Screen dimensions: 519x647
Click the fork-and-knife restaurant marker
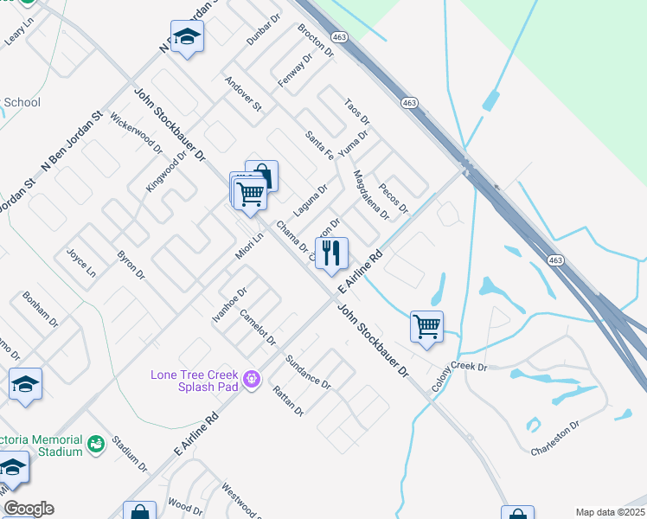(331, 253)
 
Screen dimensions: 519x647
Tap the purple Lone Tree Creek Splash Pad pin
(252, 379)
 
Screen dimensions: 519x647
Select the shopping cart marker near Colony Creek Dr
(426, 327)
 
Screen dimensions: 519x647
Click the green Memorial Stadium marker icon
(95, 444)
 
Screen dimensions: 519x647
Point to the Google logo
(28, 509)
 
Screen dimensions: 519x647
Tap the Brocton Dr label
(315, 40)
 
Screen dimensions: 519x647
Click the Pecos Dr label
(393, 198)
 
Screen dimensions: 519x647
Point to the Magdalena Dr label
(370, 195)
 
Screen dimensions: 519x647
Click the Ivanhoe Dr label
(230, 306)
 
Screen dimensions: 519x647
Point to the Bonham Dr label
(42, 310)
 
